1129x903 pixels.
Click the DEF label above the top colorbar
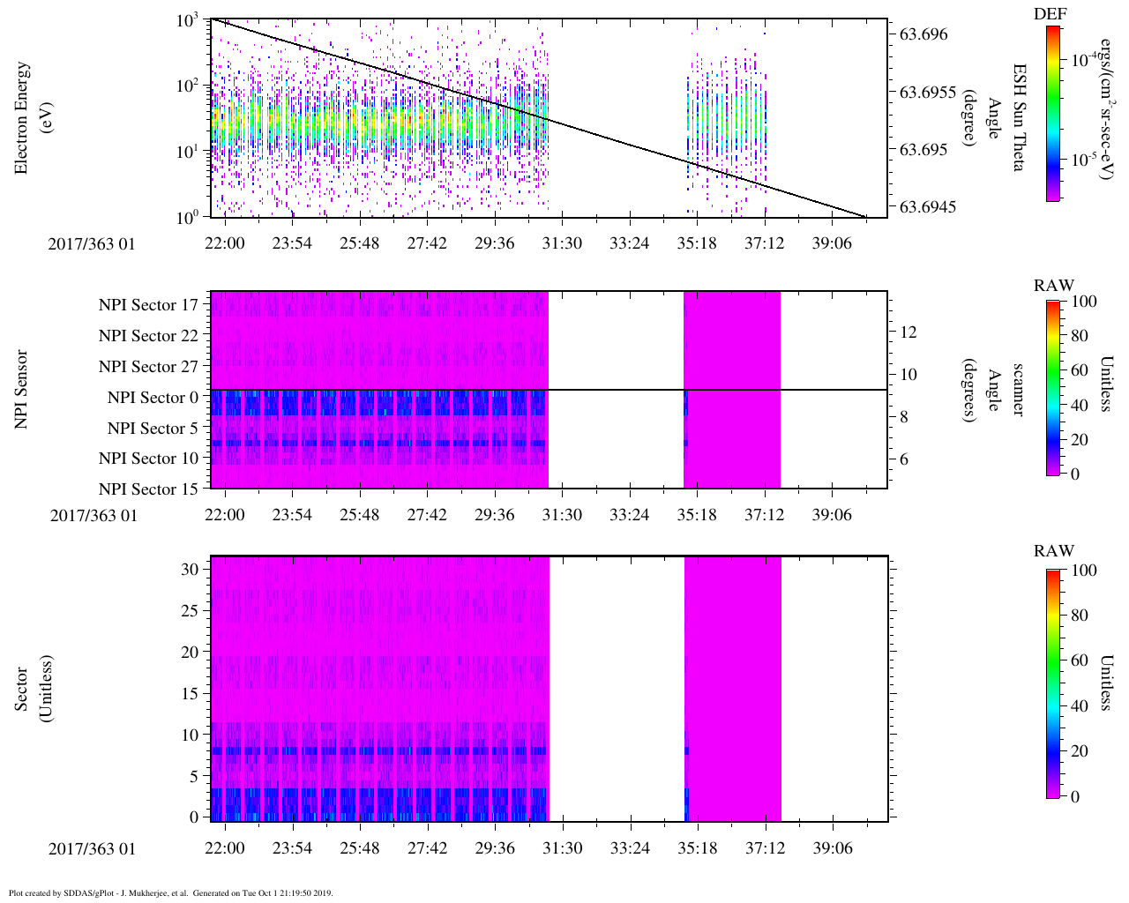point(1050,14)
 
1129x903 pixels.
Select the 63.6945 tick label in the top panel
point(927,206)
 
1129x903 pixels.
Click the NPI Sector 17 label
point(148,305)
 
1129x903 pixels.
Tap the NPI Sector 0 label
point(153,398)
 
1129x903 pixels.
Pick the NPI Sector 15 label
point(148,489)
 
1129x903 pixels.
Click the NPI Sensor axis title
point(21,389)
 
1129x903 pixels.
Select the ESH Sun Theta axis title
point(1019,117)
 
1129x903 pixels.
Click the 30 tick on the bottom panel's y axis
point(190,570)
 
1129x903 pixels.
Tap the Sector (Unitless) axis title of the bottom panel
point(34,689)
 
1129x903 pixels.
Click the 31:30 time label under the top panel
point(562,243)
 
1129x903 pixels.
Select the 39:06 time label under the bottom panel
point(832,848)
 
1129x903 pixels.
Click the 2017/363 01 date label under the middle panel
point(93,515)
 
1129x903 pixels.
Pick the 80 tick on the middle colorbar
point(1079,336)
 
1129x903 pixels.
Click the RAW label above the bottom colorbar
point(1054,551)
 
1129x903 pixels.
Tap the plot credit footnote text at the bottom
point(170,892)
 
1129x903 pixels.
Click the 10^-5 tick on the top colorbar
point(1086,160)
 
